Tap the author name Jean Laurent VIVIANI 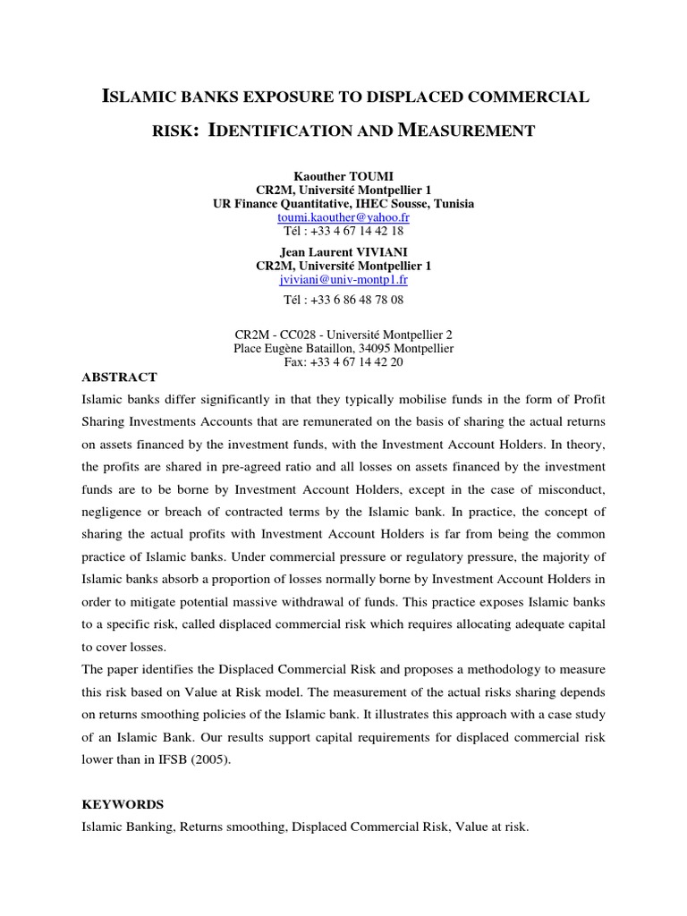[343, 253]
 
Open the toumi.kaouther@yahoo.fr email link [343, 216]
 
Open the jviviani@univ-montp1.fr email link [343, 279]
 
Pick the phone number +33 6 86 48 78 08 [343, 299]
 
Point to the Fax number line [343, 361]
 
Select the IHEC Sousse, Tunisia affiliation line [343, 204]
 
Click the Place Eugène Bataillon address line [343, 348]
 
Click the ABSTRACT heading [119, 377]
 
